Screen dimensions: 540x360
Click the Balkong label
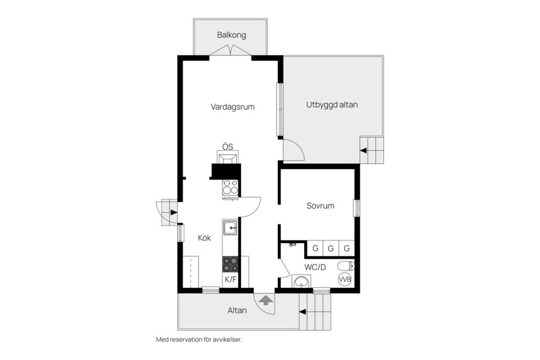tap(231, 35)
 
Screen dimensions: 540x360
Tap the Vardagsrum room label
tap(232, 107)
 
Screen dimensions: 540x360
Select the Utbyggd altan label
tap(332, 105)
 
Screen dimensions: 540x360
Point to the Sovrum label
tap(320, 206)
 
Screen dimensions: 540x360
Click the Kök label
tap(204, 238)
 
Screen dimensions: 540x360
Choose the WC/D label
tap(315, 267)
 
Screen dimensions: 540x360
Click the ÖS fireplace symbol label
tap(227, 147)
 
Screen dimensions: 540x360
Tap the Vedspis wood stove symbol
tap(229, 187)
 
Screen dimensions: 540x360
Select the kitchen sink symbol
tap(229, 228)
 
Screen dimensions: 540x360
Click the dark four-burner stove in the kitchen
tap(230, 264)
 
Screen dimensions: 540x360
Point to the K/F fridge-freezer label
tap(231, 279)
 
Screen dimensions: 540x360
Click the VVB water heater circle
tap(345, 279)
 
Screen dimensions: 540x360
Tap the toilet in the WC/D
tap(346, 266)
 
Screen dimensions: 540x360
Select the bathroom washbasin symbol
tap(301, 281)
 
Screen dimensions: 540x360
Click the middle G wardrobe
tap(331, 248)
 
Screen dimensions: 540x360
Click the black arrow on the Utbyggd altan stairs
tap(363, 151)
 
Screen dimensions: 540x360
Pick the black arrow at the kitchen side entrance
tap(174, 212)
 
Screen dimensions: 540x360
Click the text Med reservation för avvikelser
tap(199, 340)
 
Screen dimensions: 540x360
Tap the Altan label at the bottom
tap(237, 310)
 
